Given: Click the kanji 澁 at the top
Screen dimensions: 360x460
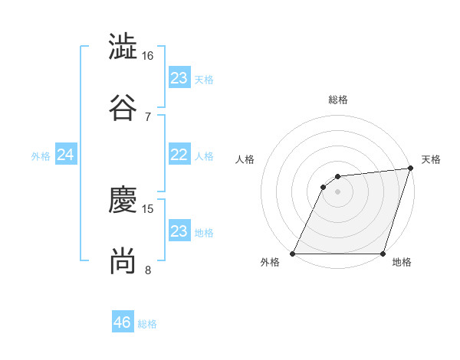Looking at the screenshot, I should tap(123, 46).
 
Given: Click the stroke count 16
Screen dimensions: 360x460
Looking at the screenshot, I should tap(148, 56).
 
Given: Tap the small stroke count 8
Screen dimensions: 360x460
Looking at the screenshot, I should tap(148, 270).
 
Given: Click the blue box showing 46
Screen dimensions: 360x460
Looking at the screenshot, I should tap(123, 322).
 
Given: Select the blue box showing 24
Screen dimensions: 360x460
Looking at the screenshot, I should tap(65, 155).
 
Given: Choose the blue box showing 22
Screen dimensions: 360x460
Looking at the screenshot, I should tap(179, 155).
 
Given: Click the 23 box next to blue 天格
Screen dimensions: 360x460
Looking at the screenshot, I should tap(179, 77).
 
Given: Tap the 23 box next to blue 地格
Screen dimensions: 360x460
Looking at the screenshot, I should tap(179, 231).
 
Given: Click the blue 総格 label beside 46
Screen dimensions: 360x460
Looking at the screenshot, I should tap(147, 324).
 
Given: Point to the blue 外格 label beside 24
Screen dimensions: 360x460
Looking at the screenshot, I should tap(41, 156).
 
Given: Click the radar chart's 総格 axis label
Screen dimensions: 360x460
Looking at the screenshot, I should tap(338, 100).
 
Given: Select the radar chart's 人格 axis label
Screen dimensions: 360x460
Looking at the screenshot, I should tap(245, 159).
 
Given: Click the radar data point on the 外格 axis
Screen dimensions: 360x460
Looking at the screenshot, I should tap(293, 254).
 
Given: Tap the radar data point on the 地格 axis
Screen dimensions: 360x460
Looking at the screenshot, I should tap(383, 254).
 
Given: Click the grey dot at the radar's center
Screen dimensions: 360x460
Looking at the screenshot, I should tap(338, 191).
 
